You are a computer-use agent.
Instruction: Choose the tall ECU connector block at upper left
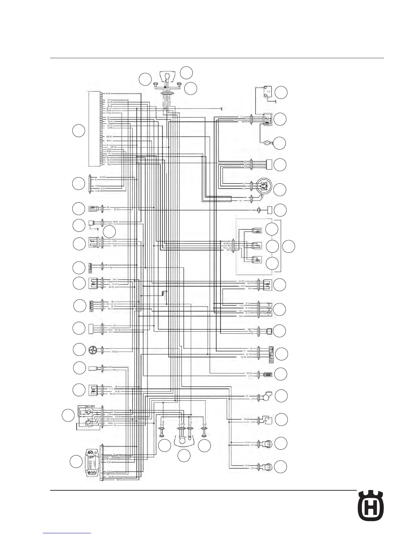click(x=95, y=129)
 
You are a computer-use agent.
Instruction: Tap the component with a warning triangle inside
click(x=257, y=260)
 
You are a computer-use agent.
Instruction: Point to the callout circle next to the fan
click(x=79, y=350)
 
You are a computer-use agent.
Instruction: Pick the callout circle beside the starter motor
click(x=279, y=143)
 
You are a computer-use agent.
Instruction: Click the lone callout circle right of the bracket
click(x=289, y=246)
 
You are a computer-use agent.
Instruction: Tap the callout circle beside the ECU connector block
click(x=78, y=131)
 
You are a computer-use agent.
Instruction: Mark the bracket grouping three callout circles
click(x=280, y=246)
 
